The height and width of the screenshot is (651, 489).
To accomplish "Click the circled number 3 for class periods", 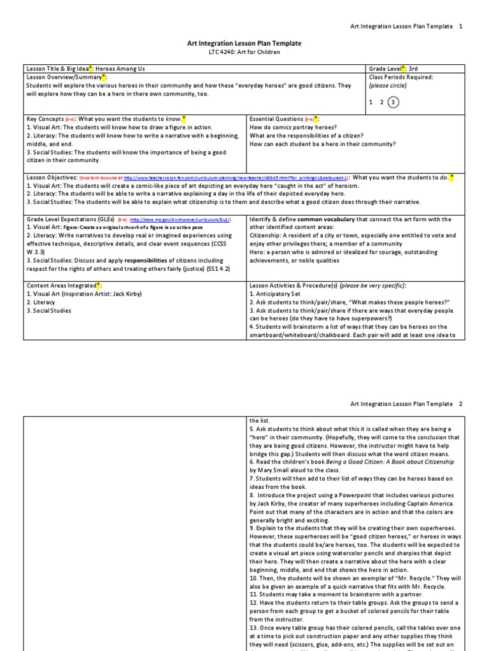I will pos(393,102).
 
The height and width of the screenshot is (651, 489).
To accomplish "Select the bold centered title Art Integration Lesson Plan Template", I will pos(244,43).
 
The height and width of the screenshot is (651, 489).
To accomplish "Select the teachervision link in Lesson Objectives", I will pos(233,179).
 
